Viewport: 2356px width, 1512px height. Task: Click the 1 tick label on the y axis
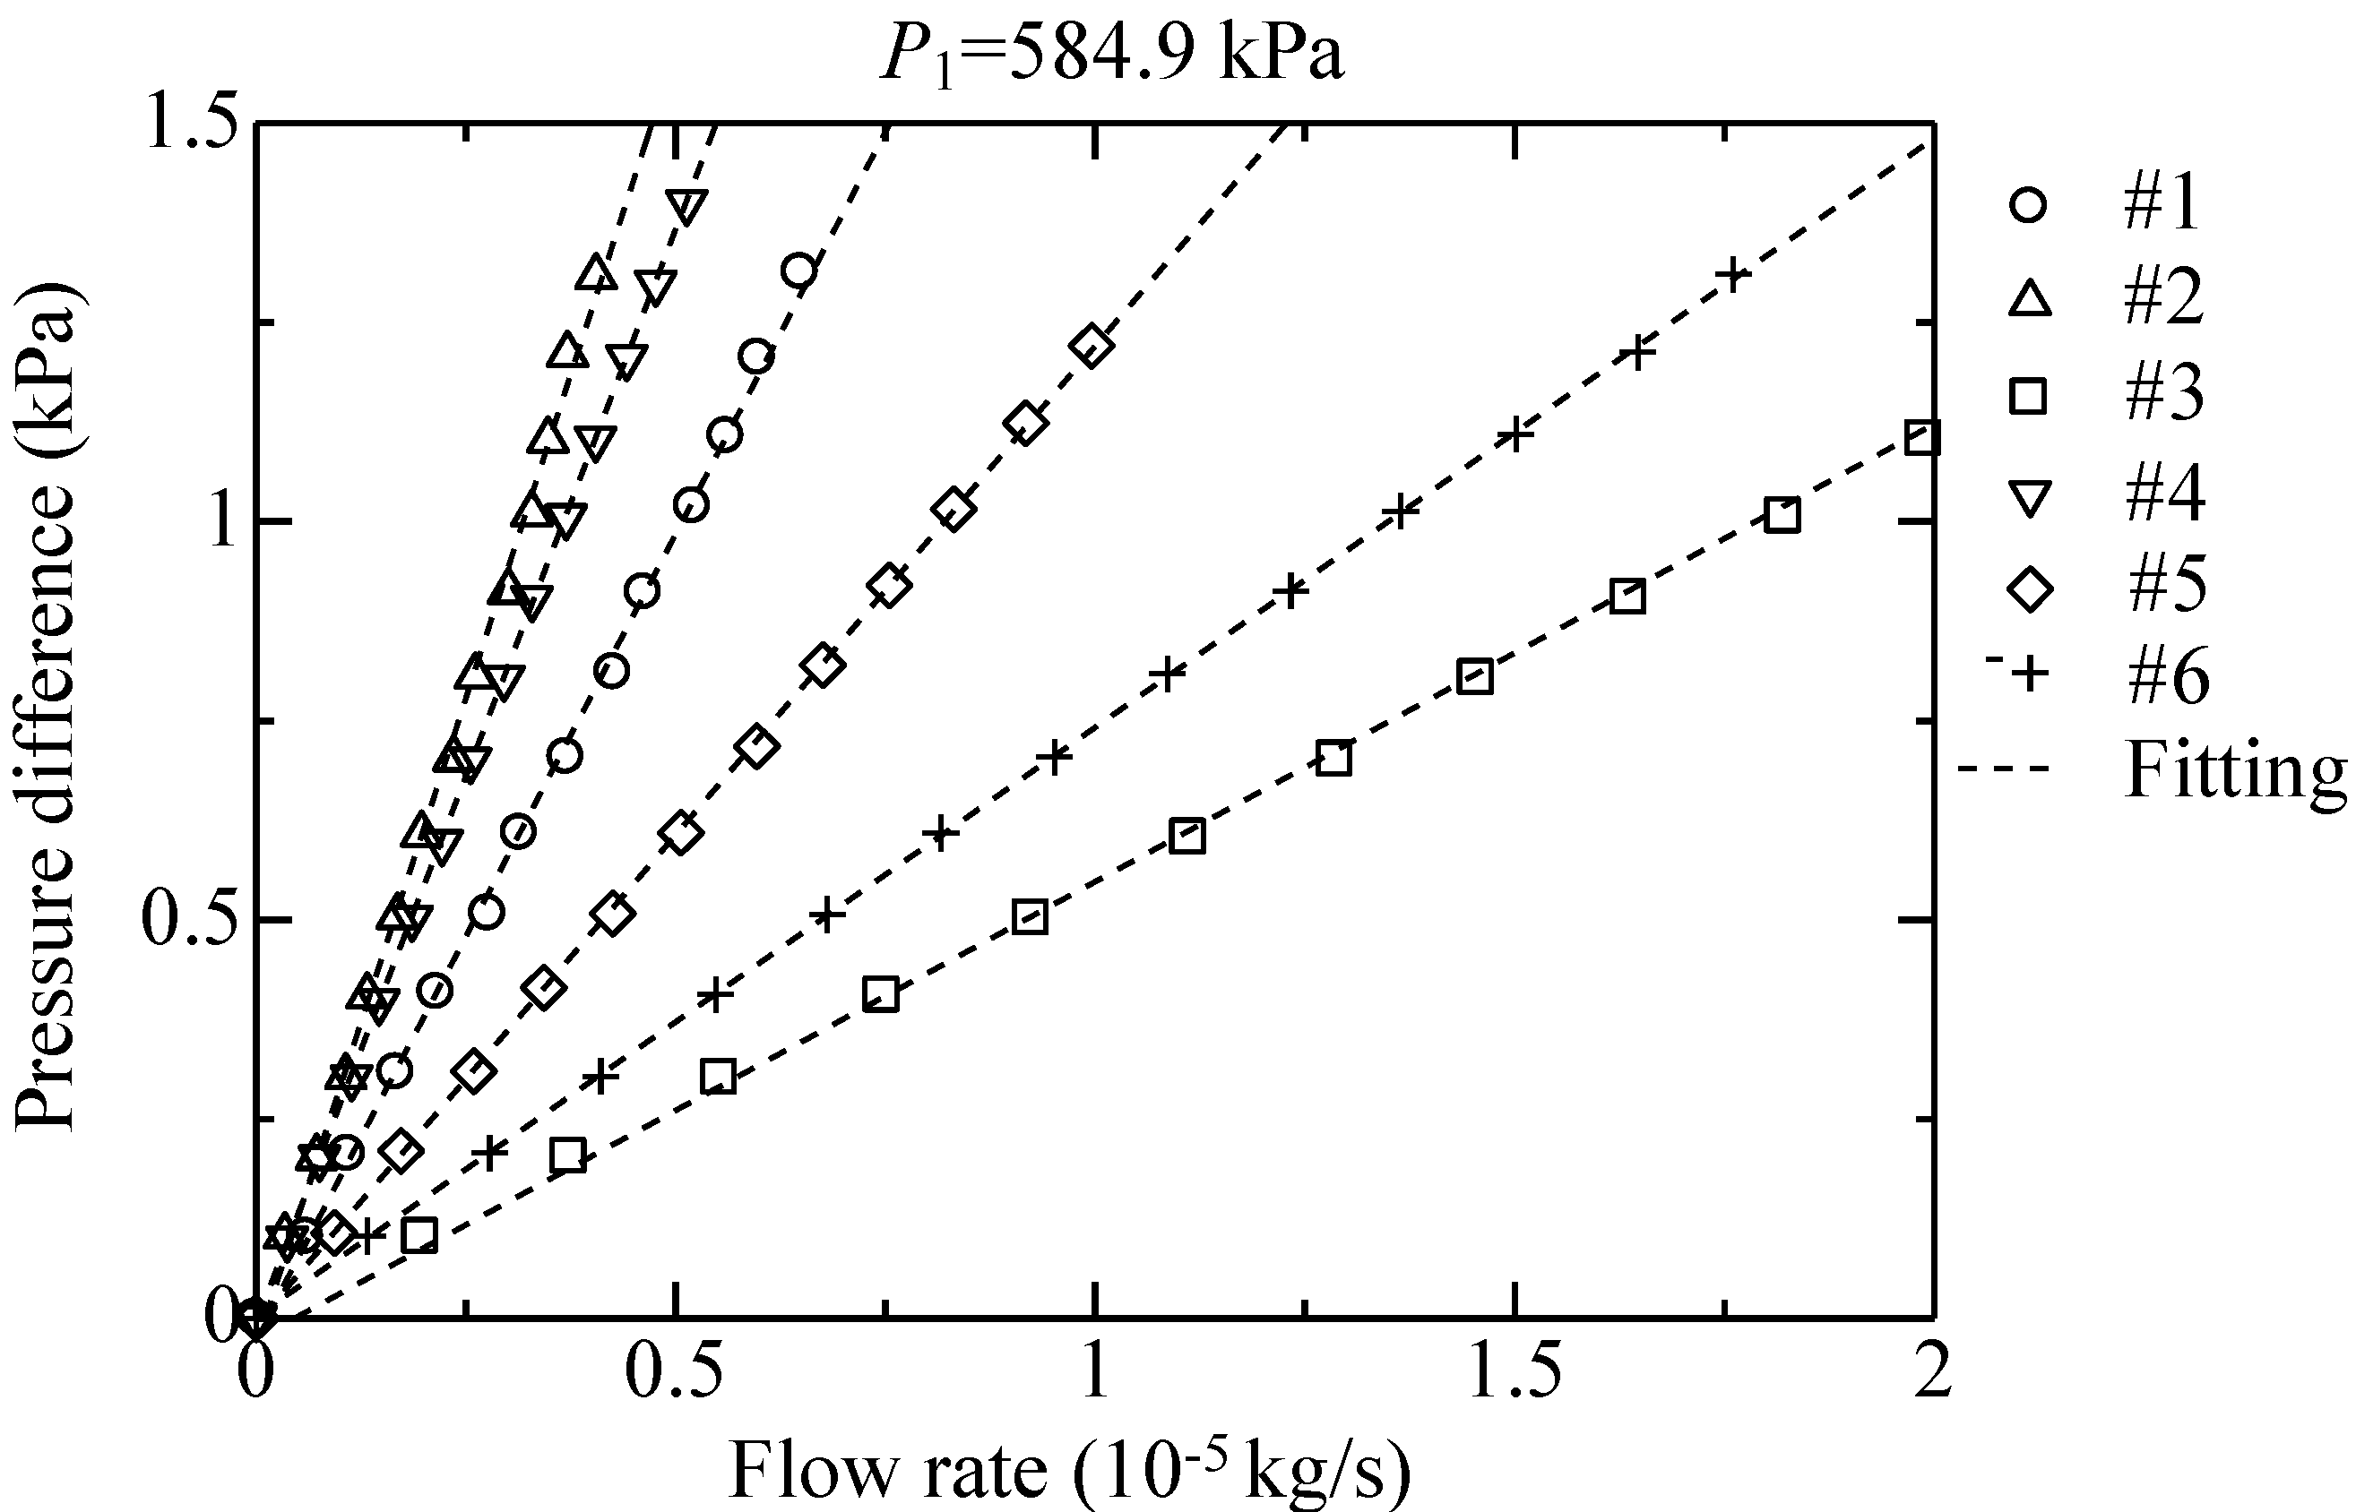222,521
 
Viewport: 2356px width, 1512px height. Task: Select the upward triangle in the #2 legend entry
2029,299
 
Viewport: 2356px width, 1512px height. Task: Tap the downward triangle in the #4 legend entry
2029,496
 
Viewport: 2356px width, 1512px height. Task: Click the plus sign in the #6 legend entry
2029,674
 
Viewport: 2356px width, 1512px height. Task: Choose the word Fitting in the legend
2235,770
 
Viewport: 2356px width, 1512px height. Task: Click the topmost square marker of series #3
1922,438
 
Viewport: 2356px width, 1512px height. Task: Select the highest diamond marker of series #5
1093,347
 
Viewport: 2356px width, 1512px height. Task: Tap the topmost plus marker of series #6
1733,275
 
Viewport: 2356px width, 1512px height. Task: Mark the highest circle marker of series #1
800,270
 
